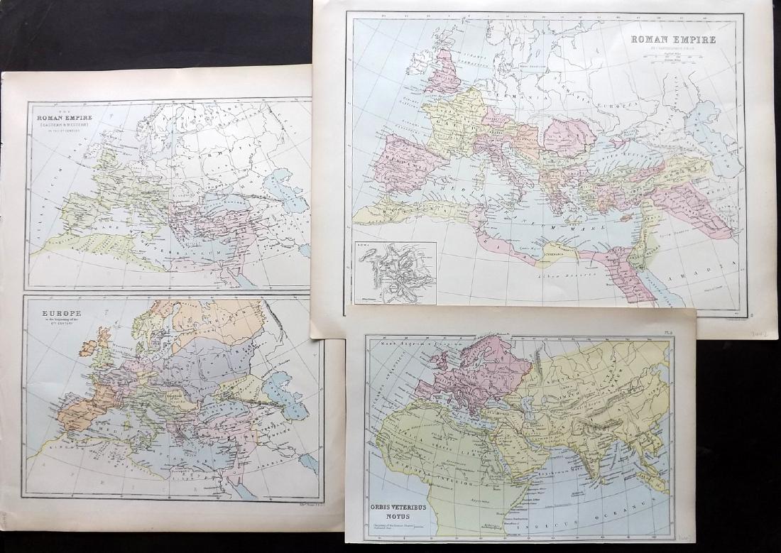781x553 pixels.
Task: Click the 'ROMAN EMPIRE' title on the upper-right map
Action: [x=673, y=40]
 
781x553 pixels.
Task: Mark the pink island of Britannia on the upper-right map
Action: [x=444, y=71]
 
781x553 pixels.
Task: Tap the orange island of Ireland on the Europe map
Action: [x=89, y=347]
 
